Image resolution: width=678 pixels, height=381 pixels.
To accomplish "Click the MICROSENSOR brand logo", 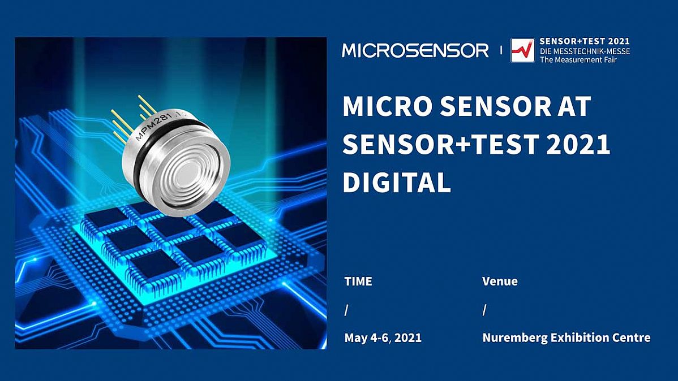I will tap(415, 50).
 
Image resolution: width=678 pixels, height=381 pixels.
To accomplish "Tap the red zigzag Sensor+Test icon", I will tap(522, 50).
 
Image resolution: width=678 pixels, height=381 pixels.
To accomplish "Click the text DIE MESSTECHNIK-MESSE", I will tap(585, 50).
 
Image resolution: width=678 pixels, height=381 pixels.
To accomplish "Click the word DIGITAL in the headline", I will tap(397, 182).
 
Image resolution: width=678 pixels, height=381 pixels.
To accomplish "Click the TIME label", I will tap(358, 281).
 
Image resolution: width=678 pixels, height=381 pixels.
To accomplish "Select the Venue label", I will tap(500, 281).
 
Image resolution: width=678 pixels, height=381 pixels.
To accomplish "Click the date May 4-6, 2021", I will tap(383, 338).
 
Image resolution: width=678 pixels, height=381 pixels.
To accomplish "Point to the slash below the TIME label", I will tap(346, 310).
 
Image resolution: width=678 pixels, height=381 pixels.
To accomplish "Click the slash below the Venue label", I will tap(484, 310).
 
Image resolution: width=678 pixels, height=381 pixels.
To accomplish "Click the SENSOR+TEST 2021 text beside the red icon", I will tap(585, 41).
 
